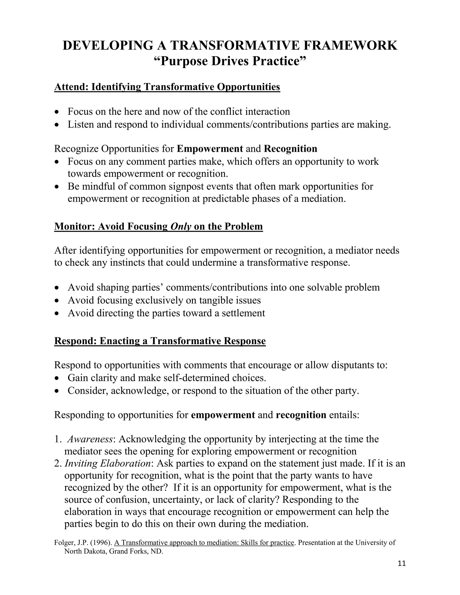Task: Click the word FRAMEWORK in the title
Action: coord(350,45)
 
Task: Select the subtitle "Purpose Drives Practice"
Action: coord(230,61)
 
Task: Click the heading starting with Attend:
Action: coord(167,87)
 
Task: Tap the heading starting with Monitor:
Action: coord(158,226)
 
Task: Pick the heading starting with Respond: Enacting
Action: coord(160,341)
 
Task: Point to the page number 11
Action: coord(402,563)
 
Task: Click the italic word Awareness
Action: coord(90,439)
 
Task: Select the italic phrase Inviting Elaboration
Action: coord(107,463)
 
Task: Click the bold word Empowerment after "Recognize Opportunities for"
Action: coord(210,149)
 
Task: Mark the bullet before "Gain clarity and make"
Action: coord(57,378)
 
